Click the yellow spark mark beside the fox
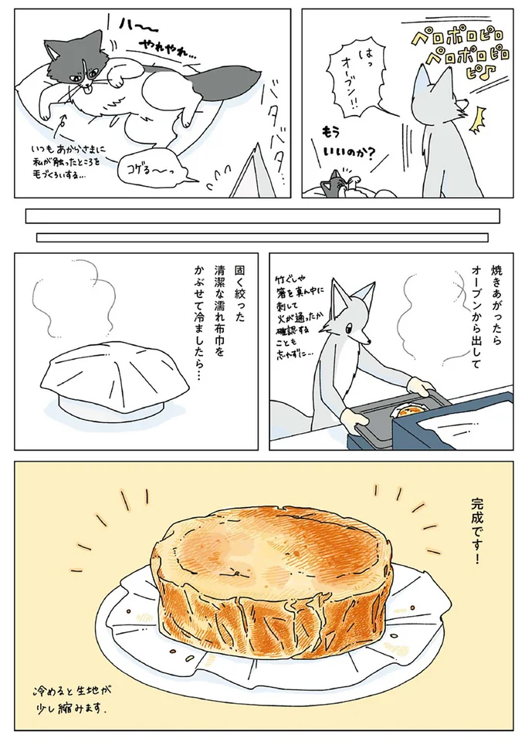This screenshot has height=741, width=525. click(476, 117)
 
